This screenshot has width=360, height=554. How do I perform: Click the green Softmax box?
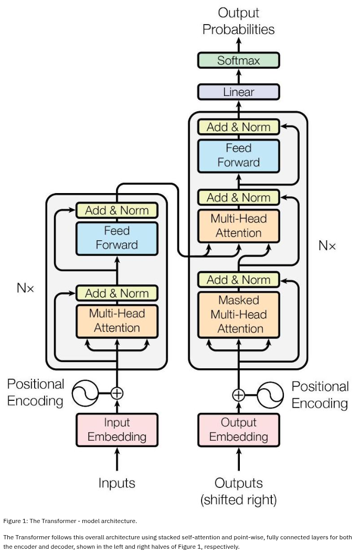pyautogui.click(x=238, y=60)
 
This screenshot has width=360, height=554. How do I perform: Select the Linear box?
pyautogui.click(x=238, y=92)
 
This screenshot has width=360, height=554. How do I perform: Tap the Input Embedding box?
pyautogui.click(x=117, y=430)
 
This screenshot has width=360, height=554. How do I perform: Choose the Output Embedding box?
pyautogui.click(x=238, y=430)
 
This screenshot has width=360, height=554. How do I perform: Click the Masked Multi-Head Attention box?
pyautogui.click(x=238, y=314)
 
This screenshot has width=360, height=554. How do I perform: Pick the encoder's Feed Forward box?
pyautogui.click(x=117, y=238)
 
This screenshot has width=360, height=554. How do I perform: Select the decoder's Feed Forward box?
pyautogui.click(x=238, y=155)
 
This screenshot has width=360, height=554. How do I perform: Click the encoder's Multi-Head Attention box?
pyautogui.click(x=117, y=321)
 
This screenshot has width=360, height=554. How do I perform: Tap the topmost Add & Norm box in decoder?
pyautogui.click(x=238, y=127)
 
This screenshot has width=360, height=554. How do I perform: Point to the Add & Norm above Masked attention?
pyautogui.click(x=238, y=280)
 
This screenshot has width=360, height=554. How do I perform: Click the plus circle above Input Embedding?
pyautogui.click(x=117, y=393)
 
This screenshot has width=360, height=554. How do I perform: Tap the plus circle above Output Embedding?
pyautogui.click(x=238, y=395)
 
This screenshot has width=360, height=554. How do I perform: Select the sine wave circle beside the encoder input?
pyautogui.click(x=85, y=393)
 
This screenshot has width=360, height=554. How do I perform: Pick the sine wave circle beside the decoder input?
pyautogui.click(x=270, y=395)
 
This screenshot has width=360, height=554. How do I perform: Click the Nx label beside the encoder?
pyautogui.click(x=25, y=288)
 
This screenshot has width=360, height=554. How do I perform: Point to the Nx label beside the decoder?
pyautogui.click(x=327, y=246)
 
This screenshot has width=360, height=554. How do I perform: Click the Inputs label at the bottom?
pyautogui.click(x=117, y=483)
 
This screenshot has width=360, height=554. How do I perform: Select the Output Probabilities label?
pyautogui.click(x=238, y=21)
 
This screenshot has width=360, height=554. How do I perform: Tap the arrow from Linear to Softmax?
pyautogui.click(x=238, y=76)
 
